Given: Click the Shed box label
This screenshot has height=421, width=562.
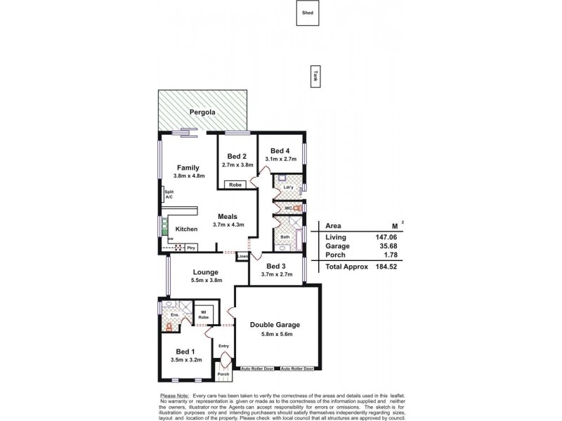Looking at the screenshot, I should tap(307, 13).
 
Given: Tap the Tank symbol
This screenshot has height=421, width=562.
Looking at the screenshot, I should tap(315, 77).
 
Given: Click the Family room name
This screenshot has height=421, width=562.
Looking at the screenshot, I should tap(188, 168).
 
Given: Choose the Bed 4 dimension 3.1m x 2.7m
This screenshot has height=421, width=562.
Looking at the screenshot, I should tap(281, 159).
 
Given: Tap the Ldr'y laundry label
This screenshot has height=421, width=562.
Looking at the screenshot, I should tap(288, 188).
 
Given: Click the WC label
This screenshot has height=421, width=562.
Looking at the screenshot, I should tap(287, 208).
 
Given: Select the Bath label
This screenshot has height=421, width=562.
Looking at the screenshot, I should tap(285, 237).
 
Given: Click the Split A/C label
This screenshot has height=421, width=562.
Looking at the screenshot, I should tap(169, 194).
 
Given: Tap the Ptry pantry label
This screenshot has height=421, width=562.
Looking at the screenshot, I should tap(190, 247).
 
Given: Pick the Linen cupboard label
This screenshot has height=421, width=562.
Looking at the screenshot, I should tap(242, 256).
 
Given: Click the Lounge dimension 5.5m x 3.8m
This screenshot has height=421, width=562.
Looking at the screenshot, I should tap(207, 281).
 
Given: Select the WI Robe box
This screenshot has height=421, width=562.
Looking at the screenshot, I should tap(203, 315).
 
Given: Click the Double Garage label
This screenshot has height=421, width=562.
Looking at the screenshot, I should tap(275, 324).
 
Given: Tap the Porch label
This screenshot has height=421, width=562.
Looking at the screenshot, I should tap(223, 374).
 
